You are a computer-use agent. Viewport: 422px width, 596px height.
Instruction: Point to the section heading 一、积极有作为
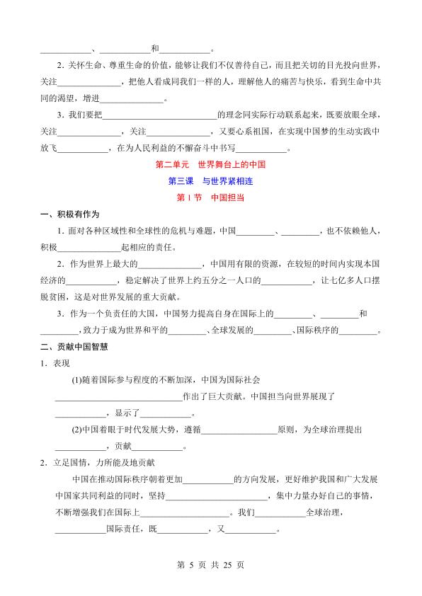tap(69, 215)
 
